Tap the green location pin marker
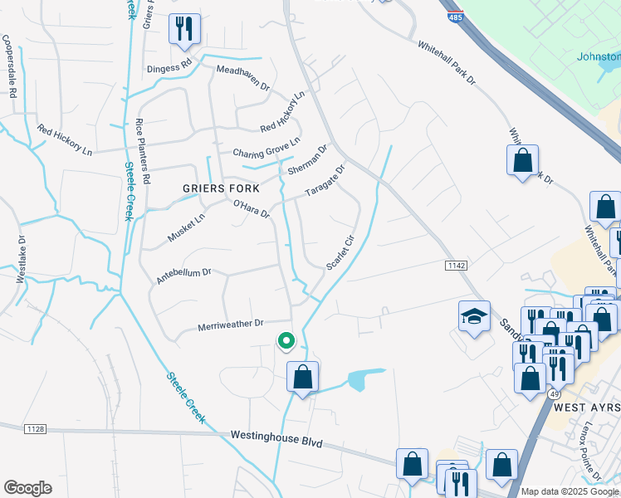[x=286, y=340]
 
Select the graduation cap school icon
[x=474, y=317]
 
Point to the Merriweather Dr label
[x=230, y=325]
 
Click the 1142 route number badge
[x=452, y=264]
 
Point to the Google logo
[x=27, y=487]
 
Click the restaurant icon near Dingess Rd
[x=183, y=28]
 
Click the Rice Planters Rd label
[x=144, y=150]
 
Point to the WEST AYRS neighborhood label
[x=586, y=409]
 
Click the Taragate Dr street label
[x=324, y=178]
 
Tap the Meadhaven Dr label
[x=243, y=79]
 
